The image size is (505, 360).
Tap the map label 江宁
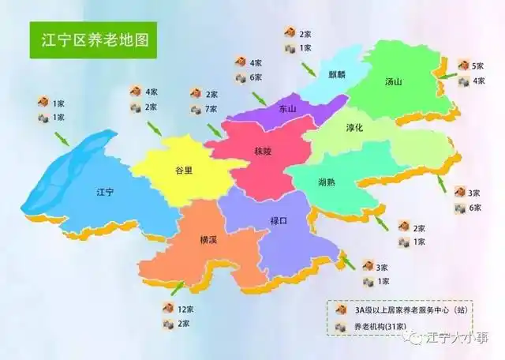coord(105,192)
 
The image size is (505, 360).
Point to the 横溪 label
coord(208,240)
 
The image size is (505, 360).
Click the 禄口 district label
coord(279,222)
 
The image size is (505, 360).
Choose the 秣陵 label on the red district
coord(262,150)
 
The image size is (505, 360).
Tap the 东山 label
coord(287,110)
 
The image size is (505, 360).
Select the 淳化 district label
coord(354,129)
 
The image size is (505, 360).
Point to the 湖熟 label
coord(327,182)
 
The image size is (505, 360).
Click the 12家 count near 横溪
coord(185,308)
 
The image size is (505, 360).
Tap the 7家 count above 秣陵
coord(211,108)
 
